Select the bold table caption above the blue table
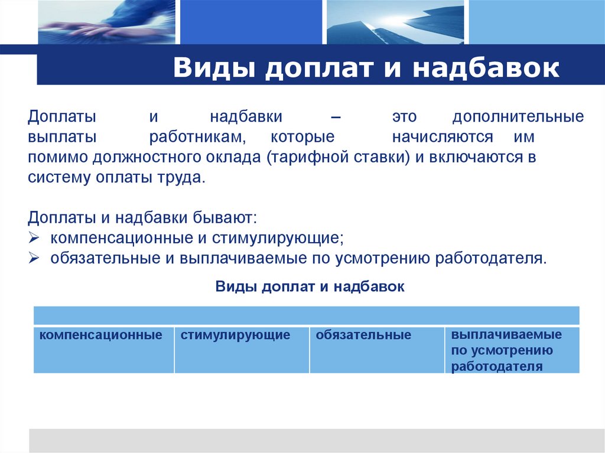tap(310, 287)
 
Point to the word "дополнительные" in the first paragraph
tap(518, 116)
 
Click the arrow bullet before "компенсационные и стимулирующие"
tap(34, 239)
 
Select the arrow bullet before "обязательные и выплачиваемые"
tap(34, 259)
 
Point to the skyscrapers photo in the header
tap(395, 22)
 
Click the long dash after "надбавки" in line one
tap(336, 116)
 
